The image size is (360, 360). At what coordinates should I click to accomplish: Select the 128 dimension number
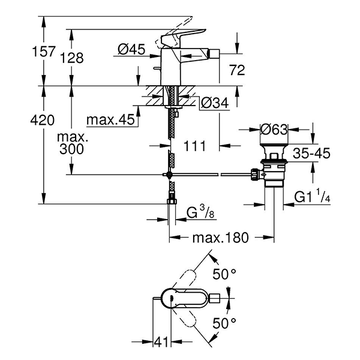point(71,58)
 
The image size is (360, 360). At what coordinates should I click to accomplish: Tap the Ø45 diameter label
point(131,51)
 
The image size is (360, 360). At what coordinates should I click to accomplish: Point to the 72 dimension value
point(238,71)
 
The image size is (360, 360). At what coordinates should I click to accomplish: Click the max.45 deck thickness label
point(109,120)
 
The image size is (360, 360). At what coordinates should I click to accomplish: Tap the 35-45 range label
point(311,154)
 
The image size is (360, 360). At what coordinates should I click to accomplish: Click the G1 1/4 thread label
point(313,196)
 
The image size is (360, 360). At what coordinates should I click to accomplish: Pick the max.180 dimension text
point(220,238)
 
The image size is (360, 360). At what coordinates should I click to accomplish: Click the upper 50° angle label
point(226,275)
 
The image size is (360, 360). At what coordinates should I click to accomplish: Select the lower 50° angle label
point(226,323)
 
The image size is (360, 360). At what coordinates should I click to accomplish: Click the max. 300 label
point(72,144)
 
